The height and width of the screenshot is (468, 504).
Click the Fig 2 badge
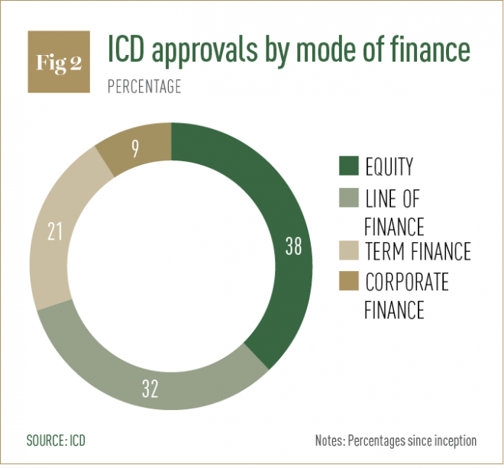tap(59, 63)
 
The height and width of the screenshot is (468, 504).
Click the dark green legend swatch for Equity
tap(348, 166)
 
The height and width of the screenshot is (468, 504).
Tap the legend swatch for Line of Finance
tap(348, 200)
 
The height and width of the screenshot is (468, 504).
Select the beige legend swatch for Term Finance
tap(348, 251)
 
